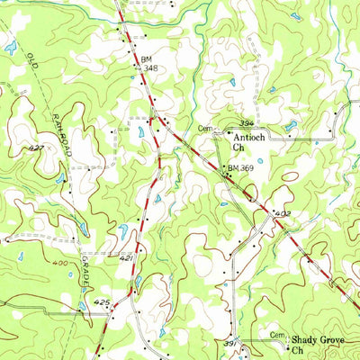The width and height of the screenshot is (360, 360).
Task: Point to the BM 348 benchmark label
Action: (x=149, y=62)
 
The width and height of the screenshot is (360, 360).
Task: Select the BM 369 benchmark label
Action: (x=241, y=168)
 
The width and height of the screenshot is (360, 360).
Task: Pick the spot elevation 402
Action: (x=283, y=213)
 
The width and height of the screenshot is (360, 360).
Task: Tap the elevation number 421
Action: (x=127, y=257)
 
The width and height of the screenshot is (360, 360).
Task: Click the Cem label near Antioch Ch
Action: (x=206, y=129)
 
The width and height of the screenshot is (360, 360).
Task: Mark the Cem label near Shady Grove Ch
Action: (x=278, y=334)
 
